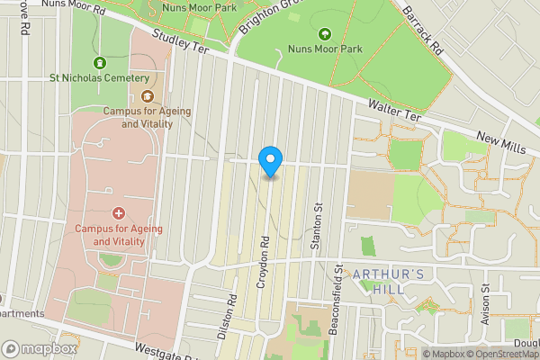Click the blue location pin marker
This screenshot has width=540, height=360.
click(270, 160)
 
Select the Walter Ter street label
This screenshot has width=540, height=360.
click(394, 112)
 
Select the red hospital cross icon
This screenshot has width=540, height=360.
click(119, 213)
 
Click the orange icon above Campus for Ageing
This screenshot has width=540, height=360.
click(147, 96)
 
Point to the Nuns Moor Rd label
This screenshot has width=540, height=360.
click(86, 8)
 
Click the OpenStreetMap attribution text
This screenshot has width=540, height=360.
click(501, 354)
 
